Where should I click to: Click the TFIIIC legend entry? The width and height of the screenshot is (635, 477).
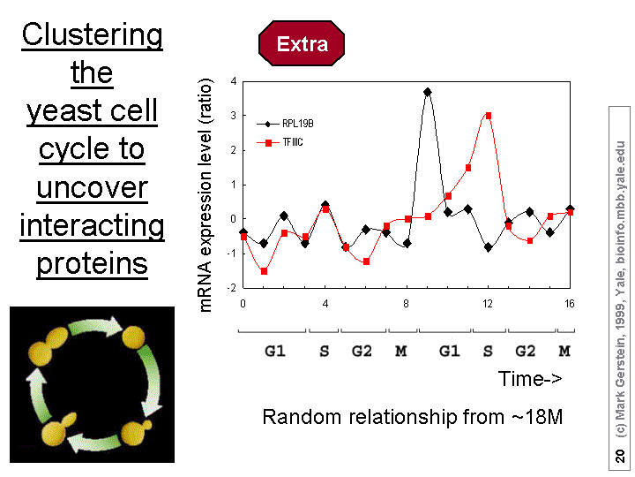pyautogui.click(x=282, y=142)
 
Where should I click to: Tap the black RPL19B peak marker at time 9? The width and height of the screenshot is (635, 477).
pyautogui.click(x=427, y=92)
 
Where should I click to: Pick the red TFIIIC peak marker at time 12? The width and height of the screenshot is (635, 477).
pyautogui.click(x=488, y=116)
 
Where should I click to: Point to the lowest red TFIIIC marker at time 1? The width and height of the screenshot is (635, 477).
pyautogui.click(x=264, y=271)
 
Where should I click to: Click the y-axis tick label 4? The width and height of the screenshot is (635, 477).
pyautogui.click(x=234, y=81)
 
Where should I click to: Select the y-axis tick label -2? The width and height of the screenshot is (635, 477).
pyautogui.click(x=232, y=288)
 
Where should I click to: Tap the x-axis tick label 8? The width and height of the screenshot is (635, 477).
pyautogui.click(x=407, y=304)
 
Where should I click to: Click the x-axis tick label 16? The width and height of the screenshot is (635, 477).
pyautogui.click(x=570, y=304)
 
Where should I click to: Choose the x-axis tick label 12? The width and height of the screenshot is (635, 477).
pyautogui.click(x=488, y=304)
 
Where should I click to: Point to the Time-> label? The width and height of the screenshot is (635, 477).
pyautogui.click(x=530, y=378)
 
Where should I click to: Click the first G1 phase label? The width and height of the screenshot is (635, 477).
pyautogui.click(x=275, y=351)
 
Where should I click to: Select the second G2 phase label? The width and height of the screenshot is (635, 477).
pyautogui.click(x=526, y=351)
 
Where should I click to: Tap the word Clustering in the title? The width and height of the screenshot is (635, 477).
pyautogui.click(x=93, y=35)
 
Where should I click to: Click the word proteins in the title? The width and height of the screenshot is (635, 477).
pyautogui.click(x=92, y=263)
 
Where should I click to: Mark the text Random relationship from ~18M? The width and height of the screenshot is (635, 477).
pyautogui.click(x=413, y=416)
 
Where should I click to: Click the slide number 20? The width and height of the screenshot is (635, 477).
pyautogui.click(x=620, y=455)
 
